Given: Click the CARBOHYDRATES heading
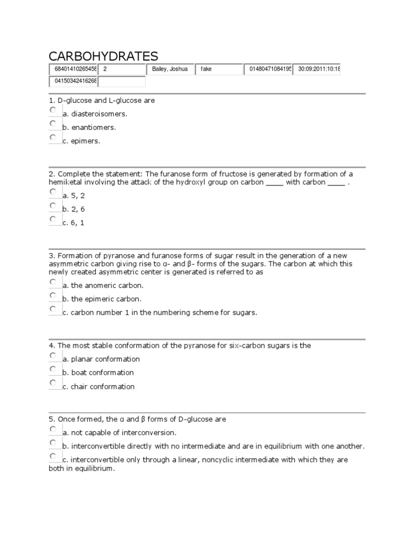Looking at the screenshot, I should coord(103,56).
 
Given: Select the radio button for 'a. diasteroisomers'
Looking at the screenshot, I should coord(53,110).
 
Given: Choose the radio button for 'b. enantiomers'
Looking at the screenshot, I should coord(53,123).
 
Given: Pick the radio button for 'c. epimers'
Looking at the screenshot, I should coord(53,137).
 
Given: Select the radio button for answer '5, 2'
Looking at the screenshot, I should coord(53,192).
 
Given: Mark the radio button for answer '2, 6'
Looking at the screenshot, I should coord(53,205).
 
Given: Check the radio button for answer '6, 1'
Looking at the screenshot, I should coord(53,219).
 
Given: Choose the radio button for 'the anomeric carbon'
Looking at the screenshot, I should coord(53,282).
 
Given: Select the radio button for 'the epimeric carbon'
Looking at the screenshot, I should coord(53,295).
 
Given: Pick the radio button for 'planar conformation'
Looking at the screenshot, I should coord(53,356).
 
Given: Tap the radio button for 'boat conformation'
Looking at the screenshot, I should coord(53,369).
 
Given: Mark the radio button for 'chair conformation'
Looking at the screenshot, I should coord(53,383).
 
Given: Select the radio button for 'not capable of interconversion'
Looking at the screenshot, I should coord(53,429).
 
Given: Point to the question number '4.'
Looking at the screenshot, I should coord(52,346).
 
